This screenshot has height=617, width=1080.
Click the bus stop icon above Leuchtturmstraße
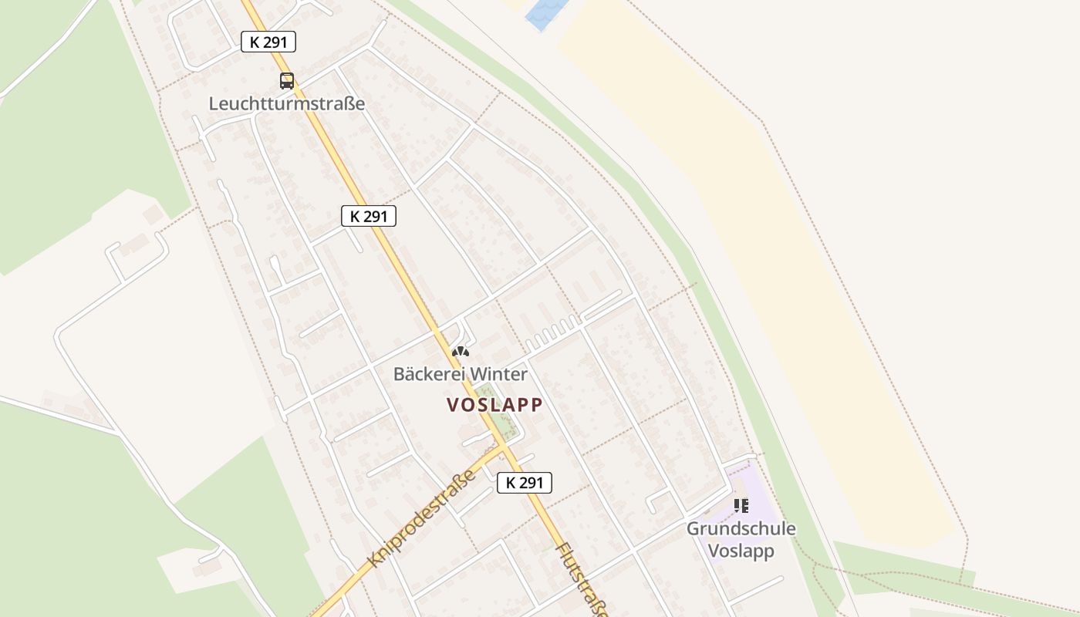point(287,80)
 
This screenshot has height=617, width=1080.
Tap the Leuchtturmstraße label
point(286,103)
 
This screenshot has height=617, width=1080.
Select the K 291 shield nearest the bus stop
point(268,42)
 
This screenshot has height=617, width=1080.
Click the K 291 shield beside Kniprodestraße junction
point(525,483)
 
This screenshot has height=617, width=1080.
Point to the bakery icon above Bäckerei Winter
point(461,352)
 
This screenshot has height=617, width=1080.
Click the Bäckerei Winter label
point(461,374)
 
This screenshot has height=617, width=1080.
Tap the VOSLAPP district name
point(494,404)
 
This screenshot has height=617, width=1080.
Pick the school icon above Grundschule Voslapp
point(741,506)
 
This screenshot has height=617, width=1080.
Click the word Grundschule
point(741,529)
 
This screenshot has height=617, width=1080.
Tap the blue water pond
point(545,14)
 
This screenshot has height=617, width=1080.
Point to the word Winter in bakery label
point(499,374)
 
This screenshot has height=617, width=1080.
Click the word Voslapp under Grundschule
point(741,551)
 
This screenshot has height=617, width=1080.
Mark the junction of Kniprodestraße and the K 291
point(504,447)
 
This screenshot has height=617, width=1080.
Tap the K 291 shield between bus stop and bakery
point(369,217)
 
